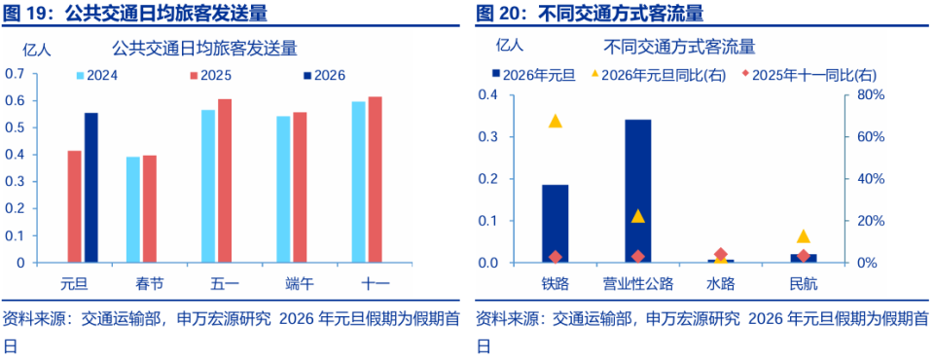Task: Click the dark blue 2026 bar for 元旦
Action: (91, 188)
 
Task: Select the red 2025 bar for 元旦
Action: (74, 206)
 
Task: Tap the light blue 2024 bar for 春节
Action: (132, 209)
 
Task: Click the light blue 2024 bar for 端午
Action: (283, 190)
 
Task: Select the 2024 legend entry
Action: (97, 75)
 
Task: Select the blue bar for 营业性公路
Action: (637, 191)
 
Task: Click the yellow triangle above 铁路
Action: (555, 122)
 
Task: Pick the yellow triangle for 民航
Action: (803, 236)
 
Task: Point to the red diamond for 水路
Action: (720, 254)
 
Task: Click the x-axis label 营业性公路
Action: (637, 284)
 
